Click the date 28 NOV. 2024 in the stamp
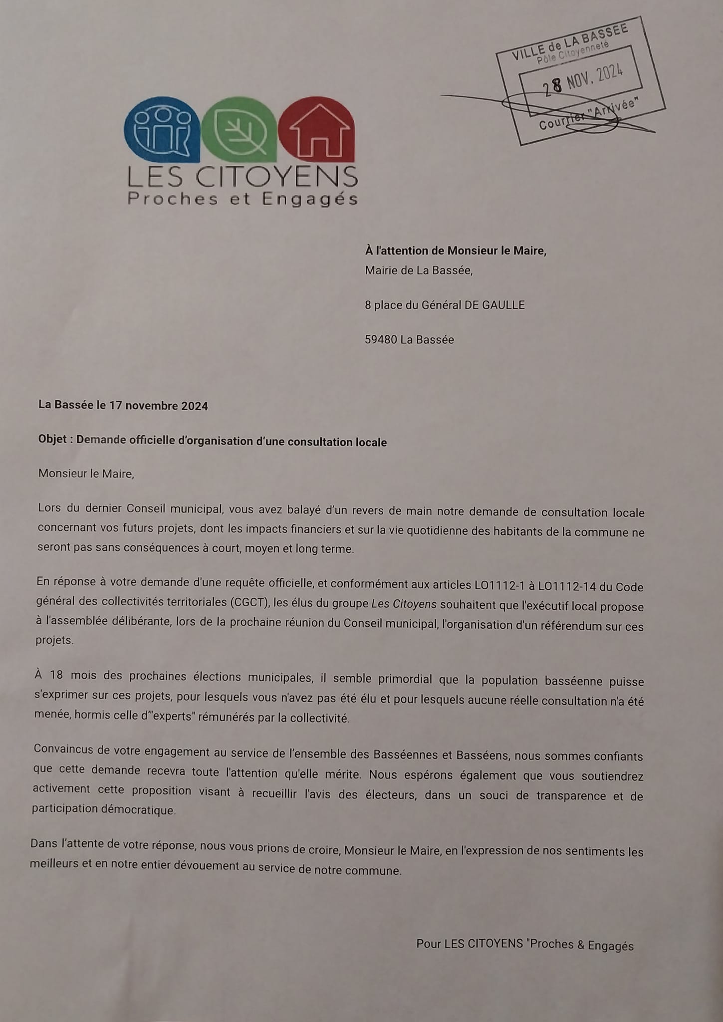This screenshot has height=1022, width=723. (583, 79)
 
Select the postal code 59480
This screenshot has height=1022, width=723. (381, 340)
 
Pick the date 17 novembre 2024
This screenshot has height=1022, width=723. (158, 406)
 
